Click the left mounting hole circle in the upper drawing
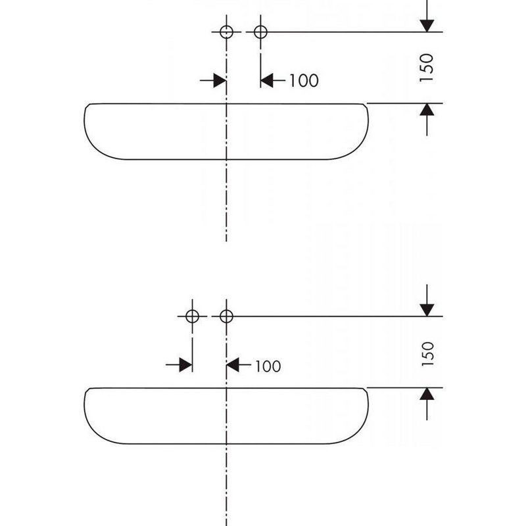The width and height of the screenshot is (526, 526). (x=226, y=32)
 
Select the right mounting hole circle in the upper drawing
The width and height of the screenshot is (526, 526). (x=260, y=32)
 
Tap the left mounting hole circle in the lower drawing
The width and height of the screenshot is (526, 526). (x=192, y=316)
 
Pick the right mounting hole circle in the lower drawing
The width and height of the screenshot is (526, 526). (x=226, y=316)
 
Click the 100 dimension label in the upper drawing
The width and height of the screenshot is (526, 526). (x=304, y=81)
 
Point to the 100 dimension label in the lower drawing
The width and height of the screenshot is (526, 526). (x=268, y=366)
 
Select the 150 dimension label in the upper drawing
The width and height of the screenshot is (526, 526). (x=427, y=68)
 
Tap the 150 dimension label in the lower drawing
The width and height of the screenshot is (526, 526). (x=428, y=354)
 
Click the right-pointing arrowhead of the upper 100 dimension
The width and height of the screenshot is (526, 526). (x=220, y=81)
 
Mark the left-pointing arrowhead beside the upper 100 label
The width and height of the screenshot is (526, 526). (x=267, y=81)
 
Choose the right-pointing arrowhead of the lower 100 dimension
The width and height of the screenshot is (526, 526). (x=186, y=365)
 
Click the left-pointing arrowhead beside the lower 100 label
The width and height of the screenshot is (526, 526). (x=233, y=365)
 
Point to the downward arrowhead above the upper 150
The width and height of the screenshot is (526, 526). (x=427, y=26)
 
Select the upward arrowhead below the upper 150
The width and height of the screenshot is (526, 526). (x=427, y=110)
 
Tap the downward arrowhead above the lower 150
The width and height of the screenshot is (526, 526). (x=427, y=310)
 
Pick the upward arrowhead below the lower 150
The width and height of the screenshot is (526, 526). (x=427, y=394)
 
